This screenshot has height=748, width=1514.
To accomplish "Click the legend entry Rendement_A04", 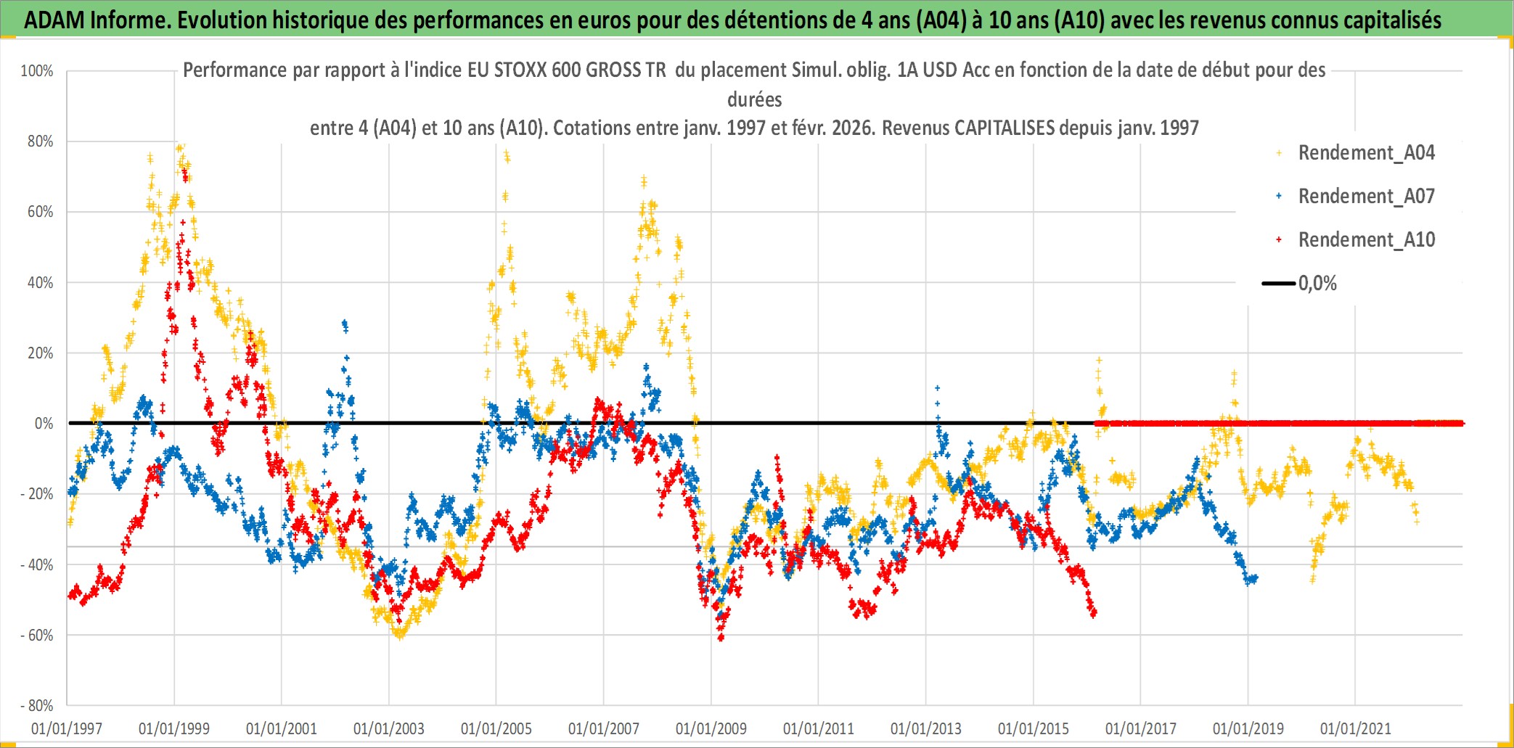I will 1366,153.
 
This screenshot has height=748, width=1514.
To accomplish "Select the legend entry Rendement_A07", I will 1366,197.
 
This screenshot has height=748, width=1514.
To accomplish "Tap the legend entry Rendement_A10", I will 1366,240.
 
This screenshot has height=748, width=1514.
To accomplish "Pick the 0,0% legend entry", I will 1317,284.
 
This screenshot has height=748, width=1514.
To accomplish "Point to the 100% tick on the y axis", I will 37,71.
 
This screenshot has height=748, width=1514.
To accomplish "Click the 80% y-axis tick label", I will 40,141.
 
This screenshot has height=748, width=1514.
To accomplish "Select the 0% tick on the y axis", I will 44,424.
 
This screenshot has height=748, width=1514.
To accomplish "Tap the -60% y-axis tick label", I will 37,636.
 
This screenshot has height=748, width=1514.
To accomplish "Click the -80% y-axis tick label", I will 37,706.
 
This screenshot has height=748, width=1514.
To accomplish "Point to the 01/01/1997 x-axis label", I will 67,729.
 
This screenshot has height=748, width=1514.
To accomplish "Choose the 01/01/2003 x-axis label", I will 389,729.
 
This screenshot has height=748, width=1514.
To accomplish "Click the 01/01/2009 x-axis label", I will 711,729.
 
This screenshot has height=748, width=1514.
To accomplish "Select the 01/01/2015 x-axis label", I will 1034,729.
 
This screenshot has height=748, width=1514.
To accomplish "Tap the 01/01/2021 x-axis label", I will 1356,729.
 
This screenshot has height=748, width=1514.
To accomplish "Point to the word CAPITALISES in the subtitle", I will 1004,128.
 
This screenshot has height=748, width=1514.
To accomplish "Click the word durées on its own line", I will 754,99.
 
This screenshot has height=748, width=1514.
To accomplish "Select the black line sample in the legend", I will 1278,284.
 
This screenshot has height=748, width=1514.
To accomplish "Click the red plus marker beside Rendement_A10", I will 1279,240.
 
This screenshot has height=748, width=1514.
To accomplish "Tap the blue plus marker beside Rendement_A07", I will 1279,197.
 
